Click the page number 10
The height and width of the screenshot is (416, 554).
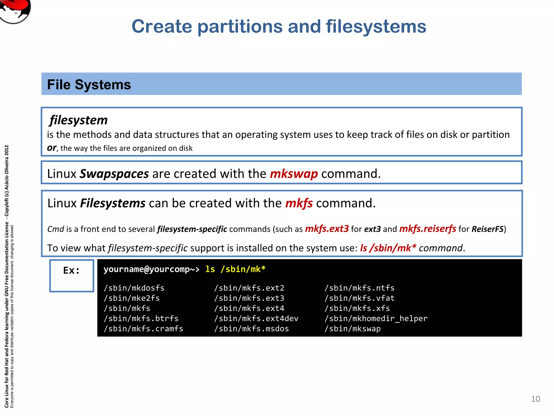point(535,399)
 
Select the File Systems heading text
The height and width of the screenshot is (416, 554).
point(89,84)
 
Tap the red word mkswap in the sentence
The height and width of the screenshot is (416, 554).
point(294,174)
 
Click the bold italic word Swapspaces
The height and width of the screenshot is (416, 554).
point(114,174)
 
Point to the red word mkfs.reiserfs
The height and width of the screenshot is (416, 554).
point(428,229)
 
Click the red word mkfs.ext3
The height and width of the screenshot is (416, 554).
point(327,229)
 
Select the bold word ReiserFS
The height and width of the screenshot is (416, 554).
point(487,229)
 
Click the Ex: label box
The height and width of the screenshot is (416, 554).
point(72,275)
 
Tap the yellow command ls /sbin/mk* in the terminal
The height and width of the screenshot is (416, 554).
point(235,269)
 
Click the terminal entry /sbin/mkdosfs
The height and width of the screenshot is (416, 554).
point(134,288)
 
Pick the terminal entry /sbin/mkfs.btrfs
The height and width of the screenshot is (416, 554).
point(141,318)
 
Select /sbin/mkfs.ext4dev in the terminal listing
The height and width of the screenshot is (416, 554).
point(256,318)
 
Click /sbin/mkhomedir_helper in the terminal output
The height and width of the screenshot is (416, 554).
point(376,318)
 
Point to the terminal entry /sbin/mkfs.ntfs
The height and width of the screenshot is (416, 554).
point(360,288)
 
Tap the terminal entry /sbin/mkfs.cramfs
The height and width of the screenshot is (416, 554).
point(143,329)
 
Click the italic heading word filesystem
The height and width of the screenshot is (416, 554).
point(78,120)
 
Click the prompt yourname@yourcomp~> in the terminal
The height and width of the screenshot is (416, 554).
point(151,269)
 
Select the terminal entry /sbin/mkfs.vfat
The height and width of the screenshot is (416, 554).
point(360,298)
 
